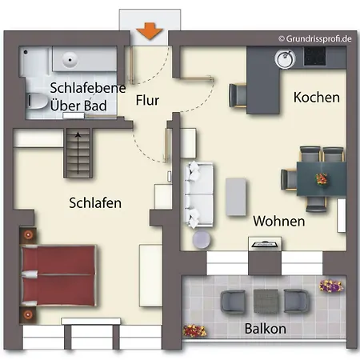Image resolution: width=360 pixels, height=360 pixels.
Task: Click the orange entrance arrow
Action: pos(150,31)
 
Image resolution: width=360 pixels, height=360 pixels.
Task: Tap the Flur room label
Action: pos(147,100)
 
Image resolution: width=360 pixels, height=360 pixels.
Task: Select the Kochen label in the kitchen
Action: pos(317,98)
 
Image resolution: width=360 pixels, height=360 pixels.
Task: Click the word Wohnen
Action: pos(279,221)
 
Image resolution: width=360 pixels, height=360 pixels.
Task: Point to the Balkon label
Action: pos(266,329)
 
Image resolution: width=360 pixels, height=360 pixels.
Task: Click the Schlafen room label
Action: pos(95,203)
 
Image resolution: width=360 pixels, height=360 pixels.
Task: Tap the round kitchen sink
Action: pos(285,58)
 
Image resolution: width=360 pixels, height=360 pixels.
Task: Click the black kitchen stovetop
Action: pos(314,56)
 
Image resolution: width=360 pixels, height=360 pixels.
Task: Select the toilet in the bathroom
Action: pos(38,101)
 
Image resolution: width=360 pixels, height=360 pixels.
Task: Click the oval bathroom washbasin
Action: pos(70,59)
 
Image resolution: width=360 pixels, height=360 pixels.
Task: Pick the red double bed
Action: pos(58,275)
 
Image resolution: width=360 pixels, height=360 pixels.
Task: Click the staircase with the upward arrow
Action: pos(78,153)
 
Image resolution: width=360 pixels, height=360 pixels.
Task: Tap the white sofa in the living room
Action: pos(198,195)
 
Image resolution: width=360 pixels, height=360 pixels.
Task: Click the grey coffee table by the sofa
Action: pos(236,197)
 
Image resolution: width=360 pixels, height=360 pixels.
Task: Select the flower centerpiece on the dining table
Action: pos(322,179)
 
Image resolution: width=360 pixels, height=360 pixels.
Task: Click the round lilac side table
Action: pos(202,239)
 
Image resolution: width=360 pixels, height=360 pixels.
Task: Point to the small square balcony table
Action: pos(266,301)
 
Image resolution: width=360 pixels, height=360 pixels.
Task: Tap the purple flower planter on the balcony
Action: pos(331,286)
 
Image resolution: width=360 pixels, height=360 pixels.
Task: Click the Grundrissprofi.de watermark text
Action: pos(315,39)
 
